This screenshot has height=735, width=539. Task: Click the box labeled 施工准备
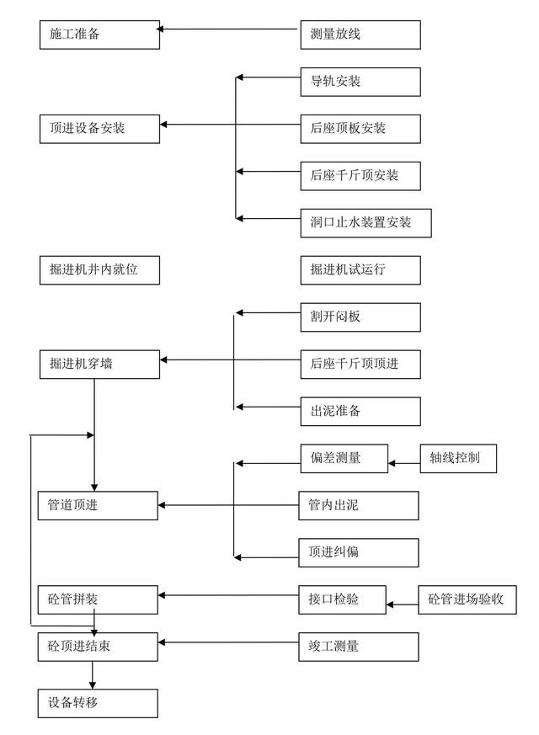(x=99, y=35)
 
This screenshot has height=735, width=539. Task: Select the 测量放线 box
(x=360, y=35)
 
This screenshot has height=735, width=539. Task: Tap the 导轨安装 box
(x=360, y=82)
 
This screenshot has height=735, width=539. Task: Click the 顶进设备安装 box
(x=99, y=128)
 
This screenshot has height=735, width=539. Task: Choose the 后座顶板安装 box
(x=360, y=128)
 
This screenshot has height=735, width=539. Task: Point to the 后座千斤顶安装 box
(x=360, y=175)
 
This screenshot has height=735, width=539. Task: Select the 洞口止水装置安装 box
(x=366, y=222)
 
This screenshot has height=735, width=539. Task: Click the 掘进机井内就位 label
(x=99, y=269)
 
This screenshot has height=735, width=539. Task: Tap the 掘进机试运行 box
(x=360, y=269)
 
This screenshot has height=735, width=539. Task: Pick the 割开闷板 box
(x=360, y=317)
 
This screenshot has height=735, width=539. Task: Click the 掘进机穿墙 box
(x=99, y=364)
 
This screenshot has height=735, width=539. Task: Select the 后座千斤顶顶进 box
(x=360, y=364)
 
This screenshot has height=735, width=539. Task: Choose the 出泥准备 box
(x=360, y=411)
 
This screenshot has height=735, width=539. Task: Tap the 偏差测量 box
(x=343, y=458)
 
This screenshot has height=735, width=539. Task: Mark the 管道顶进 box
(x=98, y=505)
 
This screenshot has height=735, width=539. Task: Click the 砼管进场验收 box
(x=466, y=599)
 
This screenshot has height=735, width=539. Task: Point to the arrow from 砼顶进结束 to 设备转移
(x=93, y=674)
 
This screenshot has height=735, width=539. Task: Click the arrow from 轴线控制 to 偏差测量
(x=403, y=462)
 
